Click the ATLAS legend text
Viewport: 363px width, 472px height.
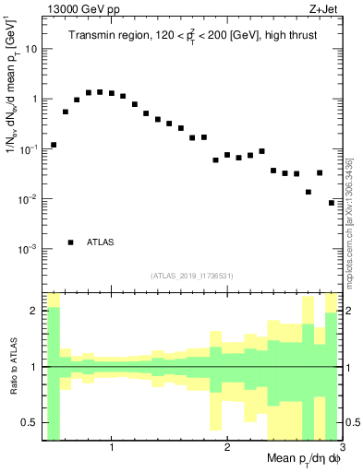click(x=101, y=242)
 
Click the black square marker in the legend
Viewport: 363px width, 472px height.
click(x=71, y=242)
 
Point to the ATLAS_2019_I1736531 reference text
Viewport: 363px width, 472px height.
click(x=192, y=276)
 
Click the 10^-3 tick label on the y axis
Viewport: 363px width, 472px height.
click(x=27, y=250)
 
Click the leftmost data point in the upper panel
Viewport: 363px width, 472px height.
click(x=54, y=145)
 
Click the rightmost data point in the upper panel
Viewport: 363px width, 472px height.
click(x=332, y=203)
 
